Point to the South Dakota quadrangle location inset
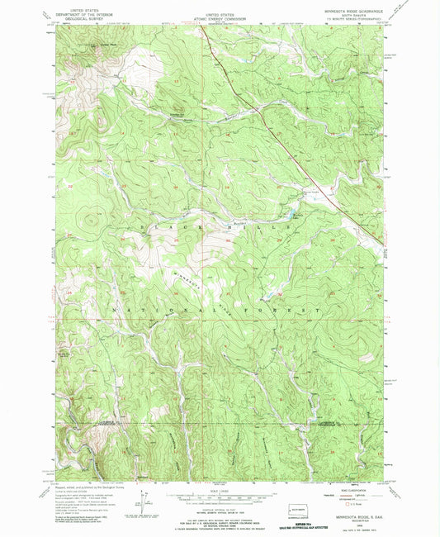(301, 506)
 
